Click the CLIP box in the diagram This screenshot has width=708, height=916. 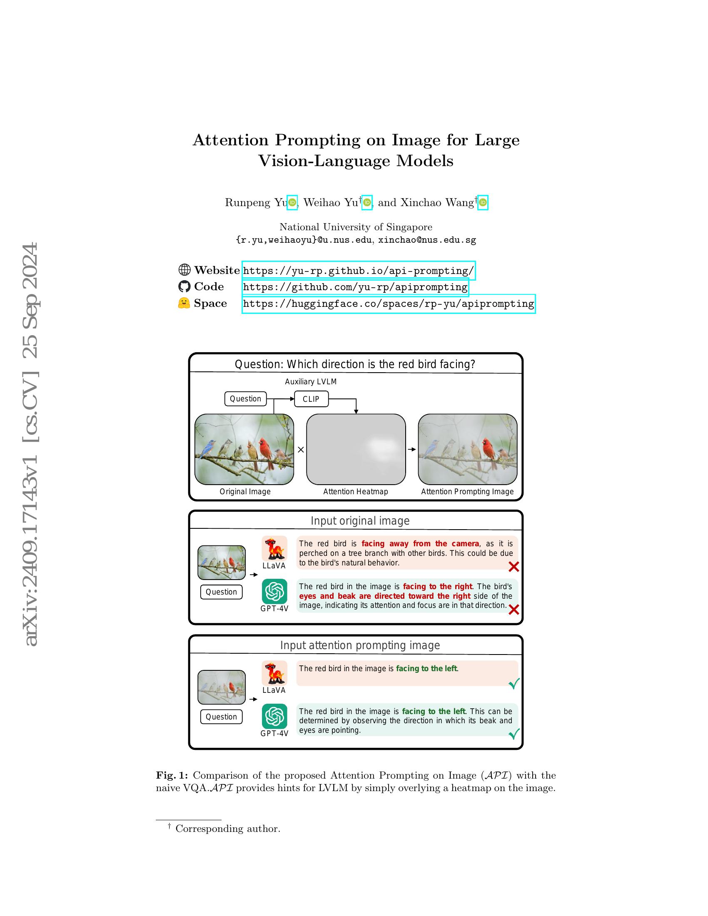click(311, 399)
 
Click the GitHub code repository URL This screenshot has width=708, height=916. click(355, 287)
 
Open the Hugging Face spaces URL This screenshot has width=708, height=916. click(389, 304)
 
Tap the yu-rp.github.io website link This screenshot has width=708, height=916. click(358, 271)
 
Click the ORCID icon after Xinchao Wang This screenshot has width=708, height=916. click(483, 203)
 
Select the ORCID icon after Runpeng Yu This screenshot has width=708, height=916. click(292, 203)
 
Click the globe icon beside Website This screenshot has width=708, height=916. click(184, 270)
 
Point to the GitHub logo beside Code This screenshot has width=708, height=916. click(184, 286)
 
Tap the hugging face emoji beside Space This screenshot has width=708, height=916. click(184, 303)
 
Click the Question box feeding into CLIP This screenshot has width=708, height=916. click(245, 398)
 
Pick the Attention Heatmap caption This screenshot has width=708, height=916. click(355, 492)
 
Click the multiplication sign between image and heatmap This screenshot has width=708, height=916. click(300, 450)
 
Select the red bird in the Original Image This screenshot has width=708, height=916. click(264, 449)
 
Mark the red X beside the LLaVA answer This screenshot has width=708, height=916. click(514, 567)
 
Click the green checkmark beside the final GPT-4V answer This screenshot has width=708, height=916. click(514, 734)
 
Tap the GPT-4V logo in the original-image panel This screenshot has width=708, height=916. click(275, 591)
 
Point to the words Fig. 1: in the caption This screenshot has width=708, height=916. click(172, 776)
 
